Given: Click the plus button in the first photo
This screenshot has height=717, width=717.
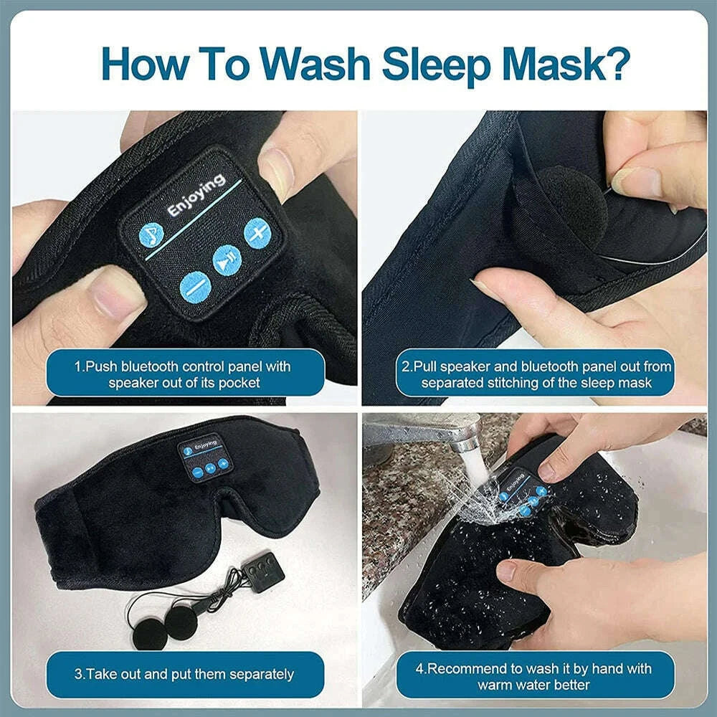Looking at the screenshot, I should click(x=257, y=232).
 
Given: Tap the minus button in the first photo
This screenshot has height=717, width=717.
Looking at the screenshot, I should click(x=194, y=286).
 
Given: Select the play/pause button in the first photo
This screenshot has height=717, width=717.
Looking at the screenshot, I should click(x=227, y=260).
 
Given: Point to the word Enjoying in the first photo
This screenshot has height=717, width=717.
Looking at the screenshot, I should click(x=196, y=196).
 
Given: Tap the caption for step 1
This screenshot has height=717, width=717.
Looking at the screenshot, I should click(x=184, y=374).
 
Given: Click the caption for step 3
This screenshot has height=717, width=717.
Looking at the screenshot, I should click(x=184, y=674).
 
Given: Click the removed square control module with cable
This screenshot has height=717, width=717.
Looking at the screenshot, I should click(x=263, y=572).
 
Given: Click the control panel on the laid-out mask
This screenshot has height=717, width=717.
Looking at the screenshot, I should click(x=204, y=458).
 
